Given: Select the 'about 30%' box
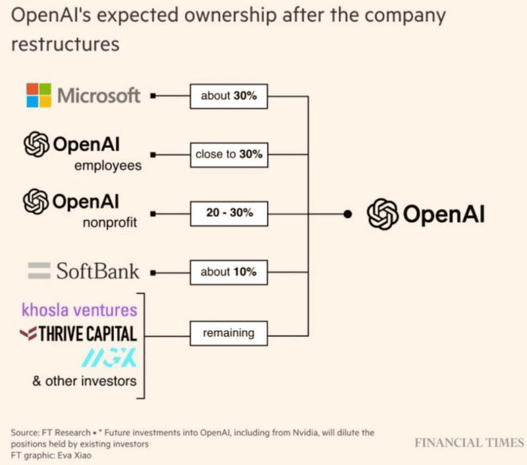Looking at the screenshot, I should click(x=229, y=96).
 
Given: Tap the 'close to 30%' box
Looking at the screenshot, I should click(x=229, y=155).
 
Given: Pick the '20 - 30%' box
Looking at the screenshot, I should click(x=229, y=213).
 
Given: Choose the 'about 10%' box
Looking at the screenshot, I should click(x=229, y=272).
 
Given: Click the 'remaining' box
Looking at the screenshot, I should click(x=229, y=333).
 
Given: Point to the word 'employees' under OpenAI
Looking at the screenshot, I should click(x=107, y=165).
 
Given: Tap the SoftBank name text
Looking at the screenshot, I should click(x=97, y=271).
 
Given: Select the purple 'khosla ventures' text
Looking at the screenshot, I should click(x=80, y=309).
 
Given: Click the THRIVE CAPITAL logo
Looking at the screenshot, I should click(x=78, y=333).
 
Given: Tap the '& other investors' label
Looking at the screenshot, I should click(x=84, y=381).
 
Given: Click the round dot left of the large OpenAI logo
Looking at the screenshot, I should click(x=347, y=213).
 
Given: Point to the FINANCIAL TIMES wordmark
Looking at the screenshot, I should click(x=469, y=443).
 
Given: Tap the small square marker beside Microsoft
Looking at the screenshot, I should click(x=153, y=96).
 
